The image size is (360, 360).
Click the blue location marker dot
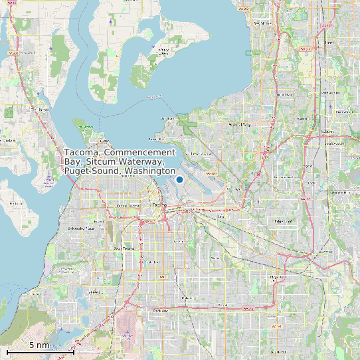tap(179, 179)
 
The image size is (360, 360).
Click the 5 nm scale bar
tap(40, 350)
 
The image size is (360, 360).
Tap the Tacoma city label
tap(160, 205)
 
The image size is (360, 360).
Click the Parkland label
tap(160, 310)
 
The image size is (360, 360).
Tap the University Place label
tap(81, 228)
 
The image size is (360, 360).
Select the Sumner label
tap(325, 252)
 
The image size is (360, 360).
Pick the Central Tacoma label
tap(127, 206)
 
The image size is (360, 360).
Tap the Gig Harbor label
tap(43, 109)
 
